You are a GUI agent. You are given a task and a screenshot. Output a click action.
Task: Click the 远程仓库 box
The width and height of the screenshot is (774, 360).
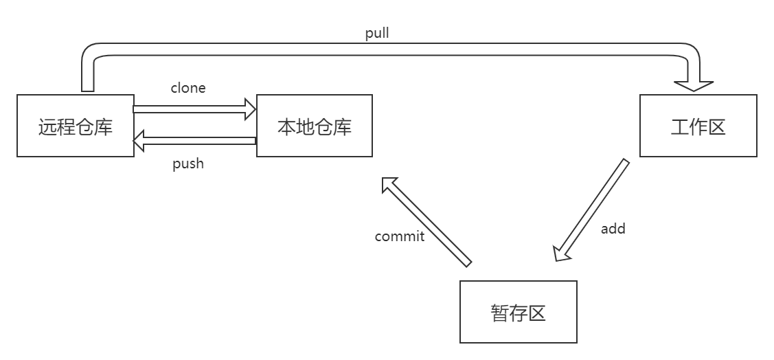pyautogui.click(x=76, y=126)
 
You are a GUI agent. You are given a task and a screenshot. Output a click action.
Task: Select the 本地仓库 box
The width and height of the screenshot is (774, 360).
pyautogui.click(x=314, y=126)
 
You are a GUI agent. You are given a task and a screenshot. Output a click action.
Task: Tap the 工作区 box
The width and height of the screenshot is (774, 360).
pyautogui.click(x=698, y=126)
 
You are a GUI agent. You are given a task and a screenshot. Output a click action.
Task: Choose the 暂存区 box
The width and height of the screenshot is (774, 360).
pyautogui.click(x=519, y=312)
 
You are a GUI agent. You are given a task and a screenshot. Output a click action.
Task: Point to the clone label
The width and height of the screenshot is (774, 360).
pyautogui.click(x=188, y=88)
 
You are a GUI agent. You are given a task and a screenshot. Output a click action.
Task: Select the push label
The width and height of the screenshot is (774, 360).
pyautogui.click(x=188, y=164)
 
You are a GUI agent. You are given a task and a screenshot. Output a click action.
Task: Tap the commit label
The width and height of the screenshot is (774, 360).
pyautogui.click(x=400, y=236)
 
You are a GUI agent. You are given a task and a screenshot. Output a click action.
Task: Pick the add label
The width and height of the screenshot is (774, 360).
pyautogui.click(x=613, y=228)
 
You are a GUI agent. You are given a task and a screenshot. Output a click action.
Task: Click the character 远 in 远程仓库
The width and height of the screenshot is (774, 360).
pyautogui.click(x=47, y=127)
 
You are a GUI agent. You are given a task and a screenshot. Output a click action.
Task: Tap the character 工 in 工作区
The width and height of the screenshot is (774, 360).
pyautogui.click(x=679, y=127)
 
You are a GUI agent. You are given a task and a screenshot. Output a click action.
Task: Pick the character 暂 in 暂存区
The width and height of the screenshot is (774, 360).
pyautogui.click(x=500, y=313)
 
